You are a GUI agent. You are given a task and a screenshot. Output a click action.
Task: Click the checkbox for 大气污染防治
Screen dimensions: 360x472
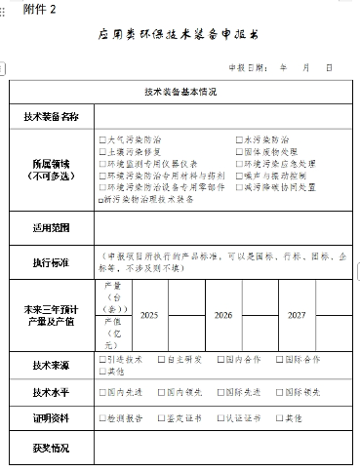(x=102, y=139)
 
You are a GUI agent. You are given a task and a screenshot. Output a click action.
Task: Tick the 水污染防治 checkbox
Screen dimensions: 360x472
(x=239, y=139)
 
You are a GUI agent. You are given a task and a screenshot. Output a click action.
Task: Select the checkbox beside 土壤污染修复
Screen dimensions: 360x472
(x=102, y=151)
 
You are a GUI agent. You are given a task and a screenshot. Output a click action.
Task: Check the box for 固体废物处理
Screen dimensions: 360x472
(x=239, y=151)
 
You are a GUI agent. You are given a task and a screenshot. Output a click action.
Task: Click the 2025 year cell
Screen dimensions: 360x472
(x=148, y=316)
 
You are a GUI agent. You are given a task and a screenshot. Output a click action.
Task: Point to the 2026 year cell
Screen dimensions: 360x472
(x=223, y=316)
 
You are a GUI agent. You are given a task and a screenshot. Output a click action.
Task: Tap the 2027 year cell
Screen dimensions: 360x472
(x=298, y=316)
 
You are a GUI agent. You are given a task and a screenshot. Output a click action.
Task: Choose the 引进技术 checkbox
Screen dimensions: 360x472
(x=102, y=359)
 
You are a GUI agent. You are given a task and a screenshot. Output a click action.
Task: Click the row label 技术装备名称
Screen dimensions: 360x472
(x=52, y=116)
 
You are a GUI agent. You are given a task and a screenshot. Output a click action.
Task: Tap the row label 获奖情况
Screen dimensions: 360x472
(x=52, y=449)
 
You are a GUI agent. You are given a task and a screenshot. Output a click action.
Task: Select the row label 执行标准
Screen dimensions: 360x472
(x=52, y=261)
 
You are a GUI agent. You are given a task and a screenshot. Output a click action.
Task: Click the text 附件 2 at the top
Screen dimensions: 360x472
(x=28, y=8)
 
